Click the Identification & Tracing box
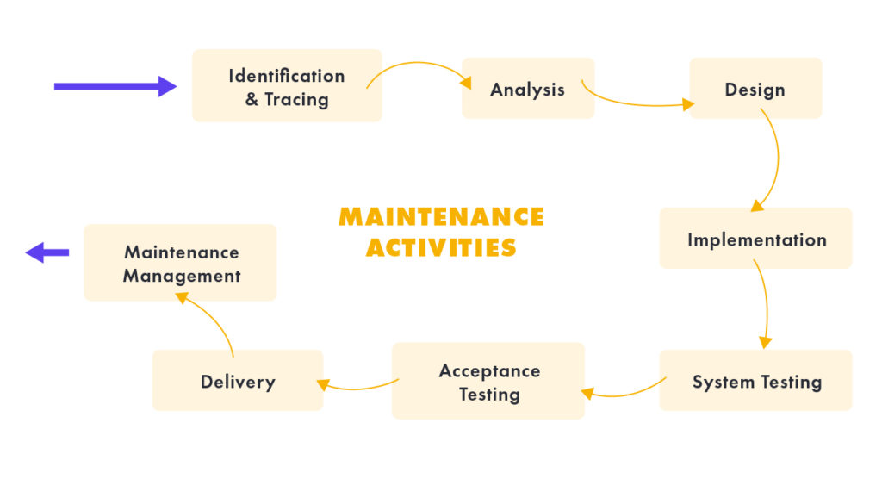(286, 86)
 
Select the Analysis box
(527, 89)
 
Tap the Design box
(755, 89)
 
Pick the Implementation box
(755, 239)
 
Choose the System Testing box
(755, 381)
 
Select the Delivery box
(237, 381)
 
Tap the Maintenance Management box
(180, 263)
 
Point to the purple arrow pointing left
(47, 252)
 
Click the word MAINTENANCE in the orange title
(441, 216)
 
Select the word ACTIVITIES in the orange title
(441, 247)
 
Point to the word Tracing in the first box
(296, 99)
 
